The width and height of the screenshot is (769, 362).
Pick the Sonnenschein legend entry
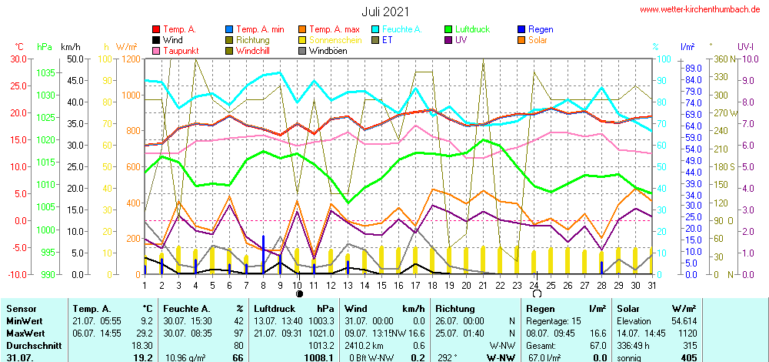coord(331,40)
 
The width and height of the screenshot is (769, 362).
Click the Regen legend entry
coord(541,29)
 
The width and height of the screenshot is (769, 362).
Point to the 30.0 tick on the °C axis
coord(18,59)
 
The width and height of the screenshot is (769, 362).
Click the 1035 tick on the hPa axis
coord(46,72)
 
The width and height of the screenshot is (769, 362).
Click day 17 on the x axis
coord(416,286)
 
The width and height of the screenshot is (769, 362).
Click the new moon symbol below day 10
coord(299,294)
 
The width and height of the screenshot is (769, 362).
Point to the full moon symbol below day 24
coord(534,294)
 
